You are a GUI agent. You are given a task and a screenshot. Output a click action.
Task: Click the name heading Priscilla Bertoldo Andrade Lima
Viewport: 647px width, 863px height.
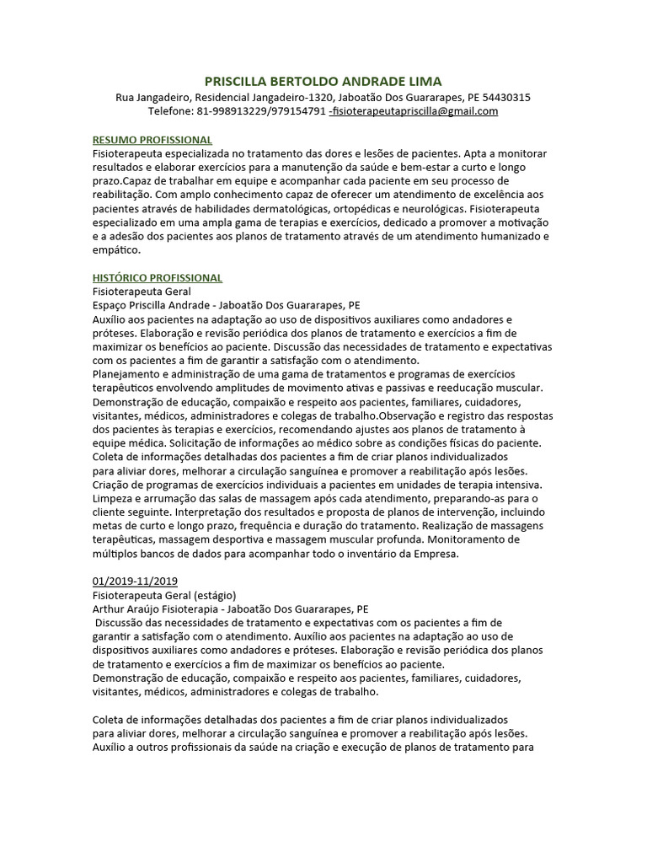tap(323, 81)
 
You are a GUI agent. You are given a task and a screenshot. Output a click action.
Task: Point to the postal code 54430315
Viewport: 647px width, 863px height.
tap(500, 97)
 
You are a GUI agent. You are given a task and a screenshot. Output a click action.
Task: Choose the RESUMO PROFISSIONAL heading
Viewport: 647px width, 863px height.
tap(152, 140)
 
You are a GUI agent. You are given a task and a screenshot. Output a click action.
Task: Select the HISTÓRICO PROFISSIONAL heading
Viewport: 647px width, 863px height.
tap(157, 277)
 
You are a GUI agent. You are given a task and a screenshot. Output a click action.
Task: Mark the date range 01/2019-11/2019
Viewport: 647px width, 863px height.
tap(134, 581)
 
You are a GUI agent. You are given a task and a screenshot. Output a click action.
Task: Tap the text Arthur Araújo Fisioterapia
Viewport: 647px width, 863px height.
tap(158, 608)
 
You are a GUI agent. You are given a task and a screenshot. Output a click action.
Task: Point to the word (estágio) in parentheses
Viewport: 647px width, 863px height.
tap(211, 595)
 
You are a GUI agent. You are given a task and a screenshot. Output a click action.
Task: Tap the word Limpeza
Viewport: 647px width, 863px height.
tap(111, 498)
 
